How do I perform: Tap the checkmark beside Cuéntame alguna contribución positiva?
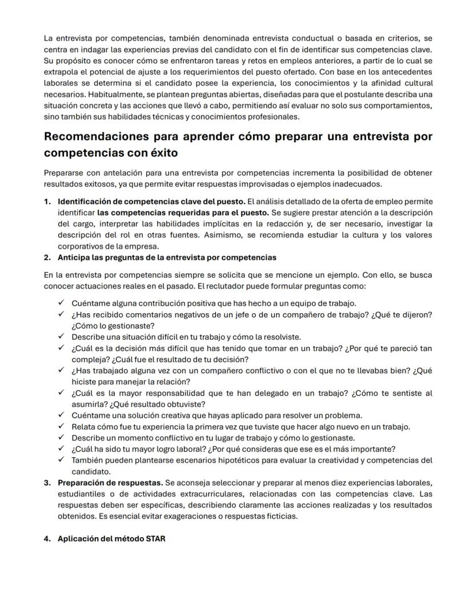click(x=61, y=303)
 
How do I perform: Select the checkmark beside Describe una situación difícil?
click(x=61, y=337)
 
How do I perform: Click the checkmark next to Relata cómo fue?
click(x=61, y=426)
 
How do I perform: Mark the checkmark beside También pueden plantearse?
click(x=61, y=460)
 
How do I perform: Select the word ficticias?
click(x=276, y=517)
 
